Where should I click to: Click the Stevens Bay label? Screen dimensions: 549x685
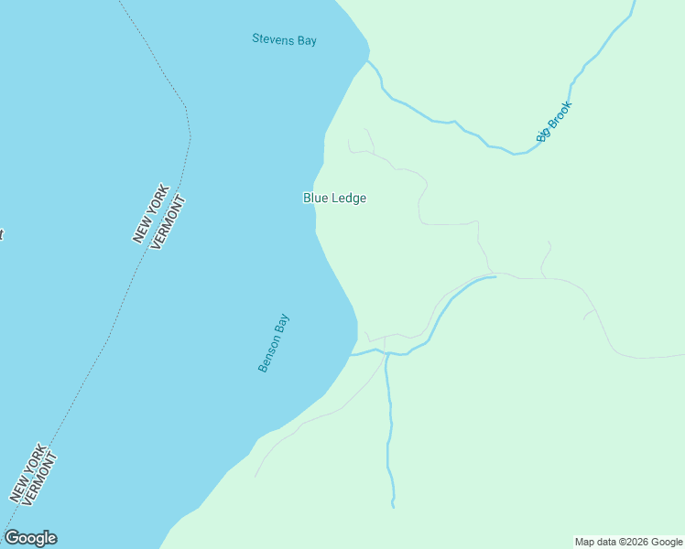[284, 39]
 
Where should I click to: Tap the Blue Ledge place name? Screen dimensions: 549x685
[334, 198]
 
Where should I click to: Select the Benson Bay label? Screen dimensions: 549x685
[273, 343]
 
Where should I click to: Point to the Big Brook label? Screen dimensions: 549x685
[554, 122]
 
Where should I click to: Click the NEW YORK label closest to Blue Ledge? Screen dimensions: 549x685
[151, 213]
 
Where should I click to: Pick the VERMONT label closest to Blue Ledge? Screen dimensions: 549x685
[168, 223]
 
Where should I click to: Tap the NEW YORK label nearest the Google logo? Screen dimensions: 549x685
[27, 472]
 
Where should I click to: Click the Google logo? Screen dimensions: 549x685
[30, 538]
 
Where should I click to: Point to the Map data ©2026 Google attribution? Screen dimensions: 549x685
[628, 542]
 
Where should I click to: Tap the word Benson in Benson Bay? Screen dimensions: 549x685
[268, 351]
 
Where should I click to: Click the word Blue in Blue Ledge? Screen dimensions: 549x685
[317, 198]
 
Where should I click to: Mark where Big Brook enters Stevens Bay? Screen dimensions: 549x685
[370, 62]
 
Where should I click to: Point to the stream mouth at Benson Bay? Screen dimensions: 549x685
[353, 355]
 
